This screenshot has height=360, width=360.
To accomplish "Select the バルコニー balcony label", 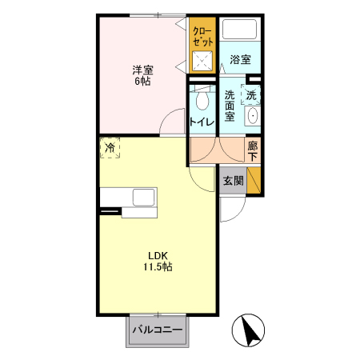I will coord(158,330).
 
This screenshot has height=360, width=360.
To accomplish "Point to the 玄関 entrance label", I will coord(233,181).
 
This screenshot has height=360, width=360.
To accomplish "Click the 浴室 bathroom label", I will coord(240,59).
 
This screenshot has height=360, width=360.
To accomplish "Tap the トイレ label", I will coord(201,122).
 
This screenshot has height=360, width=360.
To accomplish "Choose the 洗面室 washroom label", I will coord(230,106).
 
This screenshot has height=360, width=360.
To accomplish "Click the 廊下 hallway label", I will coord(253,150).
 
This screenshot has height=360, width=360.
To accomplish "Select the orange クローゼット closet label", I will coord(202,36).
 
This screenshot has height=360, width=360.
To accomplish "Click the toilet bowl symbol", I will coord(201,99).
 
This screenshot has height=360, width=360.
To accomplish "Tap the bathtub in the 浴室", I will coord(239,30).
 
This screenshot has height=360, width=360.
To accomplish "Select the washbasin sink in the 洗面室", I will coord(253,116).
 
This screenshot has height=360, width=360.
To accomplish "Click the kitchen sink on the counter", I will coord(145,198).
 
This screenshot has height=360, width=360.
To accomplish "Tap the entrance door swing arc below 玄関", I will coord(232,210).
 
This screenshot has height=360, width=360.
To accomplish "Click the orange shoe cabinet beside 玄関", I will coord(254,182).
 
